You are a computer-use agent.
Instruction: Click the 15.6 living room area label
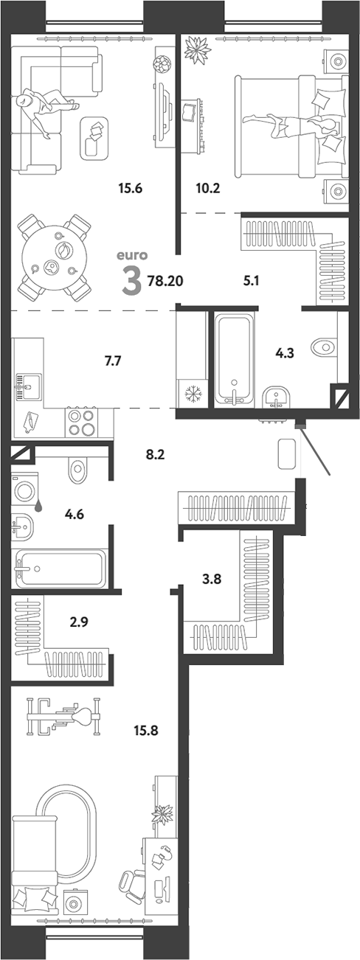[x=130, y=188]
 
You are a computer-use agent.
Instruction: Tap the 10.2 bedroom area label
[x=208, y=188]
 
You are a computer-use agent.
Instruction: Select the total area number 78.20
[x=165, y=281]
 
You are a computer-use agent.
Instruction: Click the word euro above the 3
[x=132, y=256]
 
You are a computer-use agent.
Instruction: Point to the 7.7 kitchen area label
[x=113, y=361]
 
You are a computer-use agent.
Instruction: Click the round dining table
[x=56, y=257]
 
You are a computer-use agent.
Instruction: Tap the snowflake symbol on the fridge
[x=192, y=394]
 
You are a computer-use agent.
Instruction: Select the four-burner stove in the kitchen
[x=81, y=423]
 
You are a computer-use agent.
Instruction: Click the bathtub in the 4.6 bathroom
[x=60, y=568]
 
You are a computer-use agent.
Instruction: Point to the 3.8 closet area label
[x=211, y=580]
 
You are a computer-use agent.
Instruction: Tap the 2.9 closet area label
[x=79, y=622]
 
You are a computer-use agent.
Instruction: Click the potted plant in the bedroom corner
[x=197, y=49]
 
